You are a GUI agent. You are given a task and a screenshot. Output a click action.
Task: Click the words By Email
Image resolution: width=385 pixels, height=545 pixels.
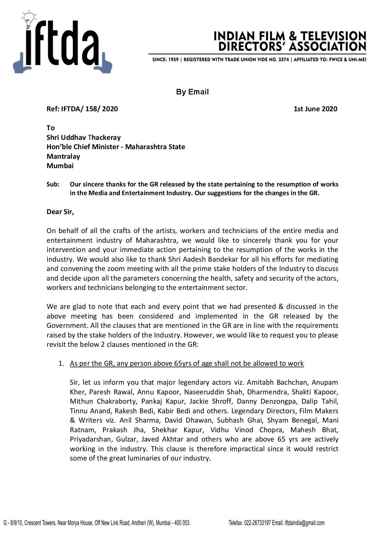pos(192,92)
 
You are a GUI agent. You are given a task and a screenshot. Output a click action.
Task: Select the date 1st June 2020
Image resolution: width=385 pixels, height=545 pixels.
pos(315,109)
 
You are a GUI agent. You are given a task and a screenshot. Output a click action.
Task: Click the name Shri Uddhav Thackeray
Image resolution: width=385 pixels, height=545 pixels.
pos(84,137)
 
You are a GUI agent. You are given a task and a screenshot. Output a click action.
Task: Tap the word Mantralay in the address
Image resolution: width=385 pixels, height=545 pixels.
pos(63,156)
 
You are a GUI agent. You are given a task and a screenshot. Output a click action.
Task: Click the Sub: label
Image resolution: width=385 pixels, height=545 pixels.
pos(53,184)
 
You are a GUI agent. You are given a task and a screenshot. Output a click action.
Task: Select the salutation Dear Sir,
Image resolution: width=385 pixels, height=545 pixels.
pos(60,212)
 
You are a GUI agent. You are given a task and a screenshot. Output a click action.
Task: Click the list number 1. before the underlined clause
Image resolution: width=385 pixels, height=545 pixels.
pos(61,364)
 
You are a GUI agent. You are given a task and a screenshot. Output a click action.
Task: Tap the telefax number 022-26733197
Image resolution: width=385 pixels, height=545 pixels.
pos(256,523)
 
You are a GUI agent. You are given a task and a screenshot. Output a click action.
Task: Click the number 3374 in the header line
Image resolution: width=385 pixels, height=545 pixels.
pos(283,59)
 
